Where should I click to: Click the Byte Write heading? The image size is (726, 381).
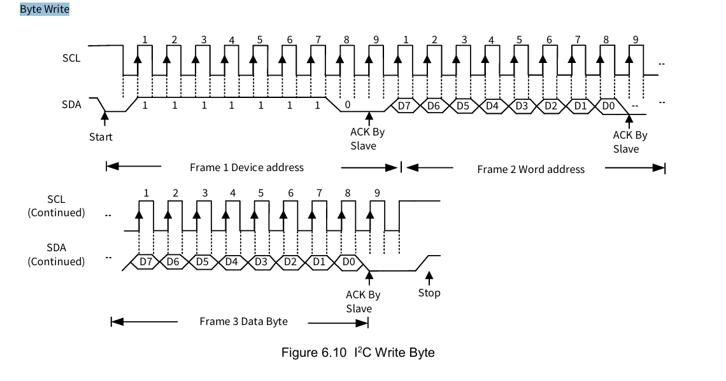pos(45,10)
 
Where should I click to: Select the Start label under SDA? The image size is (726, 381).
pos(101,137)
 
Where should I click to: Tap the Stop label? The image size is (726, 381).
pos(429,293)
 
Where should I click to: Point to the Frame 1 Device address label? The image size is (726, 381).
pos(246,167)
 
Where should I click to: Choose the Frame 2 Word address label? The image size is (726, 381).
pos(530,169)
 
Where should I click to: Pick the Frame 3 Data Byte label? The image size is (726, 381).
pos(243,321)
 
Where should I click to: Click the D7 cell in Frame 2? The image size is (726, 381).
pos(404,106)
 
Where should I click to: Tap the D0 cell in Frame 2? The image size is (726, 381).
pos(609,106)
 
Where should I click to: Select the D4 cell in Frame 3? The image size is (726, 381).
pos(232,261)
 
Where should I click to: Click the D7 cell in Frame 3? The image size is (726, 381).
pos(146,261)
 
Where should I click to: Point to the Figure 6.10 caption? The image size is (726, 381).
pos(358,352)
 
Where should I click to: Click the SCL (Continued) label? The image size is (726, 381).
pos(56,206)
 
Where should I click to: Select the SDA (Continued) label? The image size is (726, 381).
pos(56,254)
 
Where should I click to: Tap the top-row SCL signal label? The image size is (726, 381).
pos(71,57)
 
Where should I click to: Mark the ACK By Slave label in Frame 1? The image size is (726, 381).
pos(367,139)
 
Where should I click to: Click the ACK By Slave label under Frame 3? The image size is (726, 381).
pos(363,301)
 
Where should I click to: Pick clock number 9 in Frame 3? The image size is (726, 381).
pos(378,193)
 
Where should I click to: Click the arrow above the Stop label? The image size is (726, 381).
pos(429,277)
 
